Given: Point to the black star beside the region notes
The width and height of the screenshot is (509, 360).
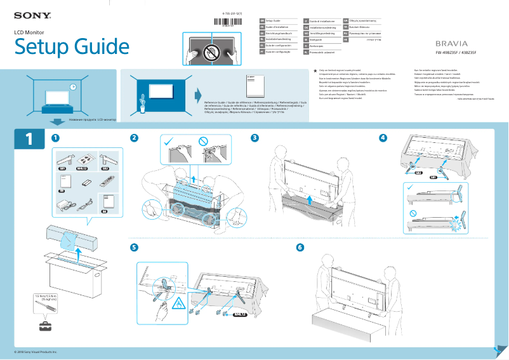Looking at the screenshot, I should click(315, 70).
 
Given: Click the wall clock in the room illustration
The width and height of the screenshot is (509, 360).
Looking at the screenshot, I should click(73, 86).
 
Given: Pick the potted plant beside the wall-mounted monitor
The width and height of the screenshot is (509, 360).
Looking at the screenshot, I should click(143, 102).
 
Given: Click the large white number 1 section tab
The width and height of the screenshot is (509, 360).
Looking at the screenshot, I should click(29, 140).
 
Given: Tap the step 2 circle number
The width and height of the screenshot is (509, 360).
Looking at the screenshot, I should click(134, 138).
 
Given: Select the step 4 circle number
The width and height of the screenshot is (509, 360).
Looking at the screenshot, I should click(382, 138).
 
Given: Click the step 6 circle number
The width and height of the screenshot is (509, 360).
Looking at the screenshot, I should click(300, 247).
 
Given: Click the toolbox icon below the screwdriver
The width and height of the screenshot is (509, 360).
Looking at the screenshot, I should click(46, 326).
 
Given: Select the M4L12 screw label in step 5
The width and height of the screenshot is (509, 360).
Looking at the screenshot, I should click(239, 314).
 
